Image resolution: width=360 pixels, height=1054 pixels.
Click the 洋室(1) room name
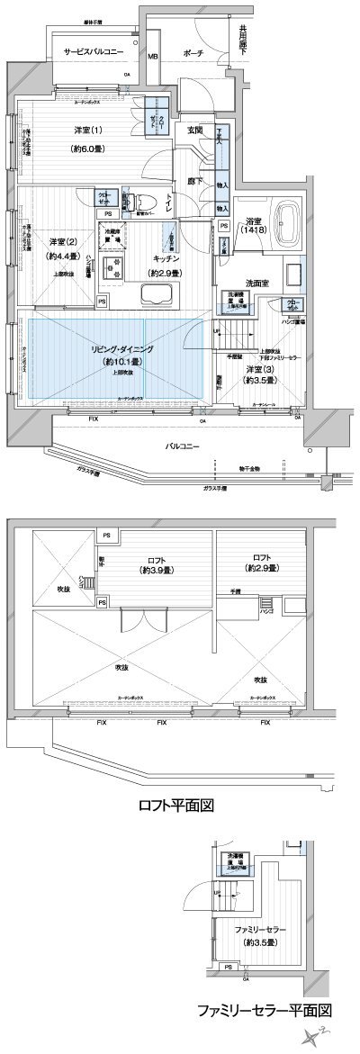88,131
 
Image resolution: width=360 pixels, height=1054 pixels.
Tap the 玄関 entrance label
194,131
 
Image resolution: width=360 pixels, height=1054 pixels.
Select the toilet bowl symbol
144,202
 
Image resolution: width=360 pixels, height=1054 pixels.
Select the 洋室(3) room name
260,368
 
